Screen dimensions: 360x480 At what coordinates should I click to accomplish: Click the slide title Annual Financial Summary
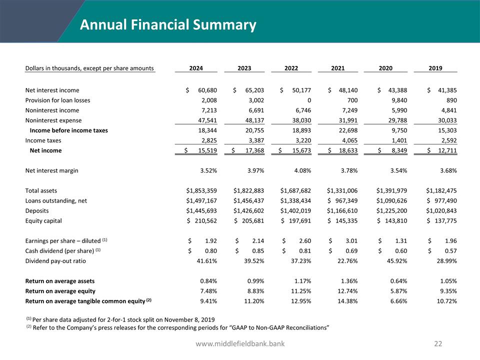click(x=168, y=24)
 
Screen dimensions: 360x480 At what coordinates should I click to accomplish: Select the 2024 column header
click(x=196, y=68)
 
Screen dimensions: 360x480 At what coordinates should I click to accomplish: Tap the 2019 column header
click(x=435, y=68)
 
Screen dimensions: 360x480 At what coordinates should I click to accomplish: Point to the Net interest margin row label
click(x=51, y=170)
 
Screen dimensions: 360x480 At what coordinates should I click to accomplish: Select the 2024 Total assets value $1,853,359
click(x=198, y=190)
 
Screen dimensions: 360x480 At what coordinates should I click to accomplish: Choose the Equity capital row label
click(x=43, y=220)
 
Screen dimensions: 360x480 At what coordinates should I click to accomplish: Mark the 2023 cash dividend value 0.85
click(x=257, y=250)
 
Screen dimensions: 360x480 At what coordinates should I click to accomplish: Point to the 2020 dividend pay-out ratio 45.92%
click(x=396, y=260)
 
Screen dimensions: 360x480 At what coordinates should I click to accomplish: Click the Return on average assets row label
click(x=60, y=281)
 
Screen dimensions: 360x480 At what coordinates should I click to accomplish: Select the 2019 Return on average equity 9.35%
click(x=446, y=291)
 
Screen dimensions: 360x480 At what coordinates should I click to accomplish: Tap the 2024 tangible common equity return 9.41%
click(x=206, y=301)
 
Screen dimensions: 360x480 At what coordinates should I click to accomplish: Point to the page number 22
click(x=438, y=343)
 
